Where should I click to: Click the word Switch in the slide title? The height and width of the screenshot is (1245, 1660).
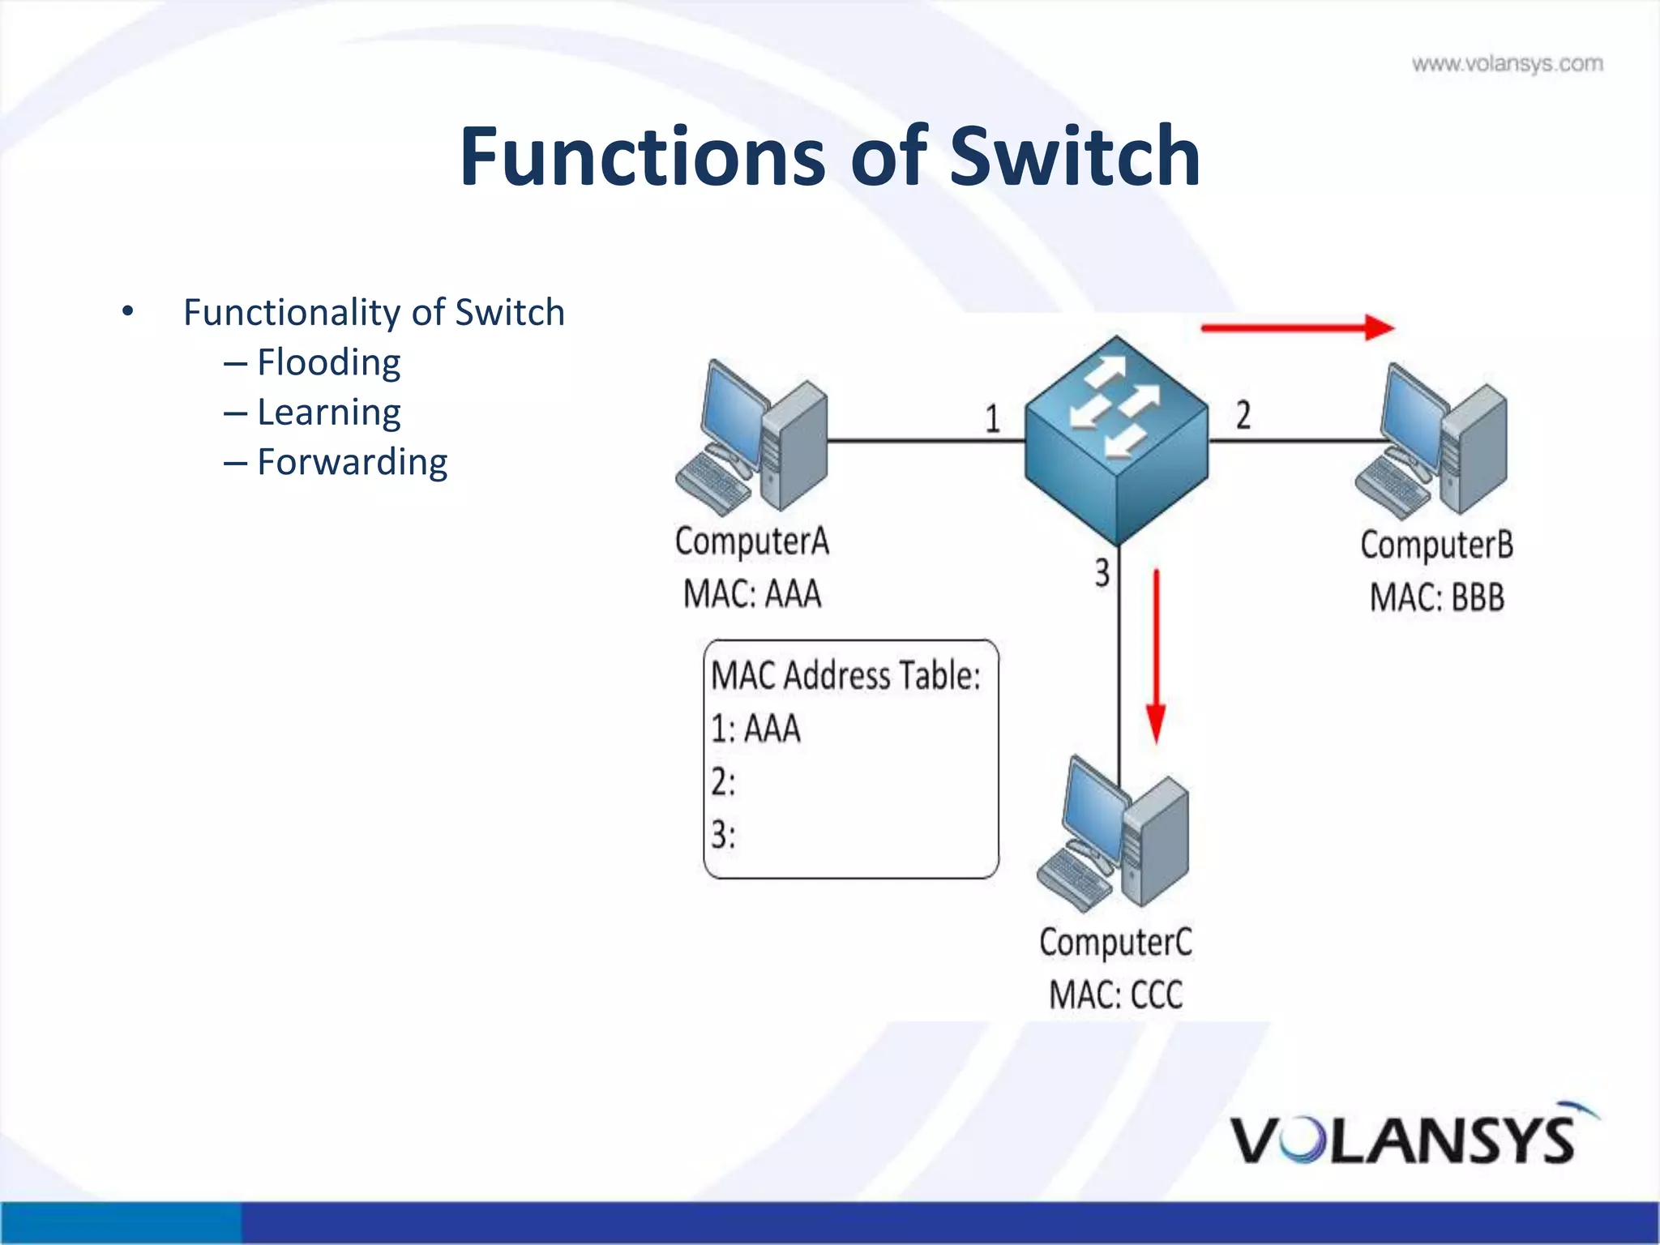coord(1074,156)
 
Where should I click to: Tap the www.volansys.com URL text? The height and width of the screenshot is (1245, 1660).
coord(1507,64)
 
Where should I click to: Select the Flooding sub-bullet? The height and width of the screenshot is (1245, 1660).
coord(328,362)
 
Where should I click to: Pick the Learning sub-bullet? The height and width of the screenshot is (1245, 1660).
coord(328,413)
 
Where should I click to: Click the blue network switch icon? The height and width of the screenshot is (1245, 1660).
coord(1116,439)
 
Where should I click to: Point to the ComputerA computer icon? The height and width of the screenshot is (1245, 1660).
coord(751,438)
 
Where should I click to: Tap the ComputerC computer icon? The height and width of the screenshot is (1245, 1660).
coord(1114,832)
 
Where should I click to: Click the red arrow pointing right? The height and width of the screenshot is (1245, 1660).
coord(1297,327)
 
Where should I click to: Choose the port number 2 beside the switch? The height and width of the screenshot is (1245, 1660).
coord(1243,415)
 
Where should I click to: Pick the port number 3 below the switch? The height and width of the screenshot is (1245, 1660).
coord(1102,572)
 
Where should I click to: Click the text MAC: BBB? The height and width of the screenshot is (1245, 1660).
coord(1436,598)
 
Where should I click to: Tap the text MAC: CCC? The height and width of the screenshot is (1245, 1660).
coord(1115,995)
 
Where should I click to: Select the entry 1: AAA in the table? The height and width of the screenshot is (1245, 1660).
coord(755,728)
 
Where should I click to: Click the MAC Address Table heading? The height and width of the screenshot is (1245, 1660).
coord(845,675)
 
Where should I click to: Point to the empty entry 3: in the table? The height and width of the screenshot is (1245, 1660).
coord(723,834)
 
